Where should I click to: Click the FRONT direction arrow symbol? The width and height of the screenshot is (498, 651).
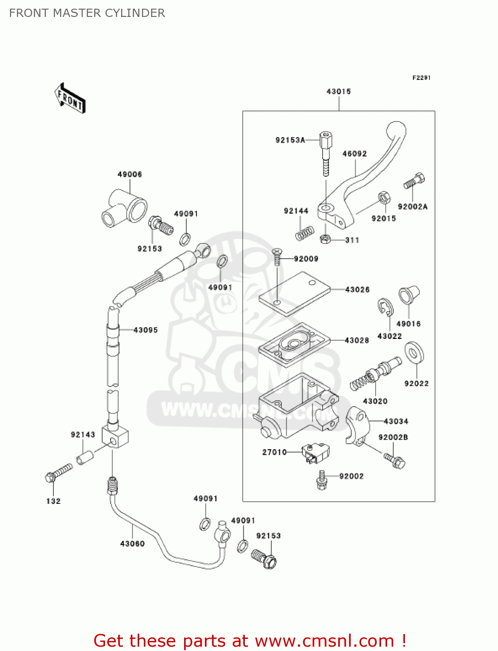pyautogui.click(x=70, y=99)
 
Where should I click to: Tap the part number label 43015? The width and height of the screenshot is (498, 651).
pyautogui.click(x=338, y=92)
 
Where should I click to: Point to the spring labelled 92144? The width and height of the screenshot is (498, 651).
pyautogui.click(x=305, y=233)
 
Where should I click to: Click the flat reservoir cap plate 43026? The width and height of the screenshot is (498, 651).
pyautogui.click(x=294, y=293)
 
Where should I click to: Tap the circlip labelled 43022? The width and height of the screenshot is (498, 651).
pyautogui.click(x=385, y=307)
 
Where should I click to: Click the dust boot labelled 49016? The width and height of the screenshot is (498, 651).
pyautogui.click(x=409, y=295)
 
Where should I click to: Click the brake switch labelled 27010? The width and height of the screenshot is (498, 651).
pyautogui.click(x=316, y=453)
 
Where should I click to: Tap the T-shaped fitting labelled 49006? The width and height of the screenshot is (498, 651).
pyautogui.click(x=125, y=207)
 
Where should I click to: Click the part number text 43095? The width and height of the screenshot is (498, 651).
pyautogui.click(x=145, y=330)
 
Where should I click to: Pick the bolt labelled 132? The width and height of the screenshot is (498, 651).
pyautogui.click(x=58, y=473)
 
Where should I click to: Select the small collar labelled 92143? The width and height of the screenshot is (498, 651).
pyautogui.click(x=85, y=457)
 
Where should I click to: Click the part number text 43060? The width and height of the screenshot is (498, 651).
pyautogui.click(x=132, y=544)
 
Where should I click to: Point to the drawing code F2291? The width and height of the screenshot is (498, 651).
pyautogui.click(x=421, y=78)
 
